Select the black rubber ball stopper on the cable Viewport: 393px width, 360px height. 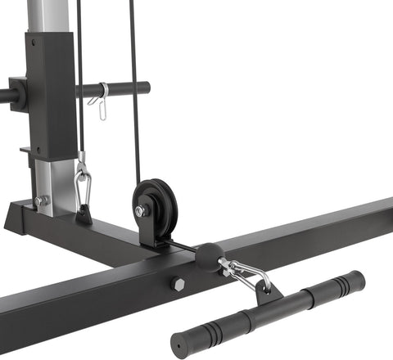pyautogui.click(x=207, y=256)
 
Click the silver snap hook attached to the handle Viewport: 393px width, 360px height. pyautogui.click(x=245, y=273)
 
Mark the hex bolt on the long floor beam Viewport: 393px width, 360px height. pyautogui.click(x=178, y=285)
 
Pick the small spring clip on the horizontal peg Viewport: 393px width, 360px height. pyautogui.click(x=101, y=101)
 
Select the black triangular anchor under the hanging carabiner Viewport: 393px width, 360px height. pyautogui.click(x=84, y=215)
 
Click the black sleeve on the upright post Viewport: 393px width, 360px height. pyautogui.click(x=50, y=94)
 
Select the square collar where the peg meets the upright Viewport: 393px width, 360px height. pyautogui.click(x=17, y=93)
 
